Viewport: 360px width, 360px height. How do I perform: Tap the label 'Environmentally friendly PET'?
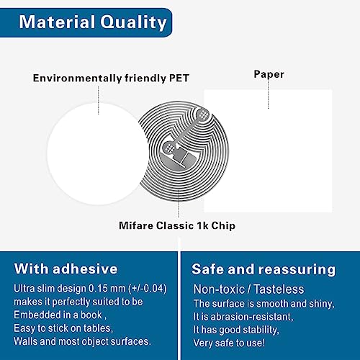pos(111,77)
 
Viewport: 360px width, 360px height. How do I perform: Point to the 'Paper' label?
pos(269,73)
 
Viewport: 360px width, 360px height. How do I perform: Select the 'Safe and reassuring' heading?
pos(263,269)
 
